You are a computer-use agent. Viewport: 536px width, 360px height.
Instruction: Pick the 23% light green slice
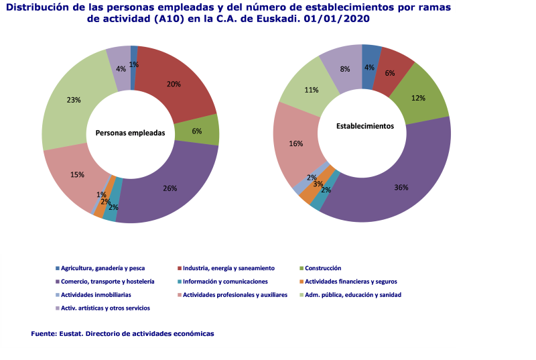pos(74,101)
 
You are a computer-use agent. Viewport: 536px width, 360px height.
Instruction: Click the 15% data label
pos(77,175)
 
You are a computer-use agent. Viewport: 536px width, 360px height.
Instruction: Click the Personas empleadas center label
pos(130,133)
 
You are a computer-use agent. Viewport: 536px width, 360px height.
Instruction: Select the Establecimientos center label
pos(364,125)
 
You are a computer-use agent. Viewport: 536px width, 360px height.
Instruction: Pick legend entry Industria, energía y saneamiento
pos(228,268)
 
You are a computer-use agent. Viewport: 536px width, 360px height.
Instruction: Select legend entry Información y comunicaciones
pos(225,282)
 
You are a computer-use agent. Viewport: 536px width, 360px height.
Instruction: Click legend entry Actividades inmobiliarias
pos(95,295)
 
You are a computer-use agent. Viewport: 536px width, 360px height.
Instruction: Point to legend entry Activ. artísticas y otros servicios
pos(105,308)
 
